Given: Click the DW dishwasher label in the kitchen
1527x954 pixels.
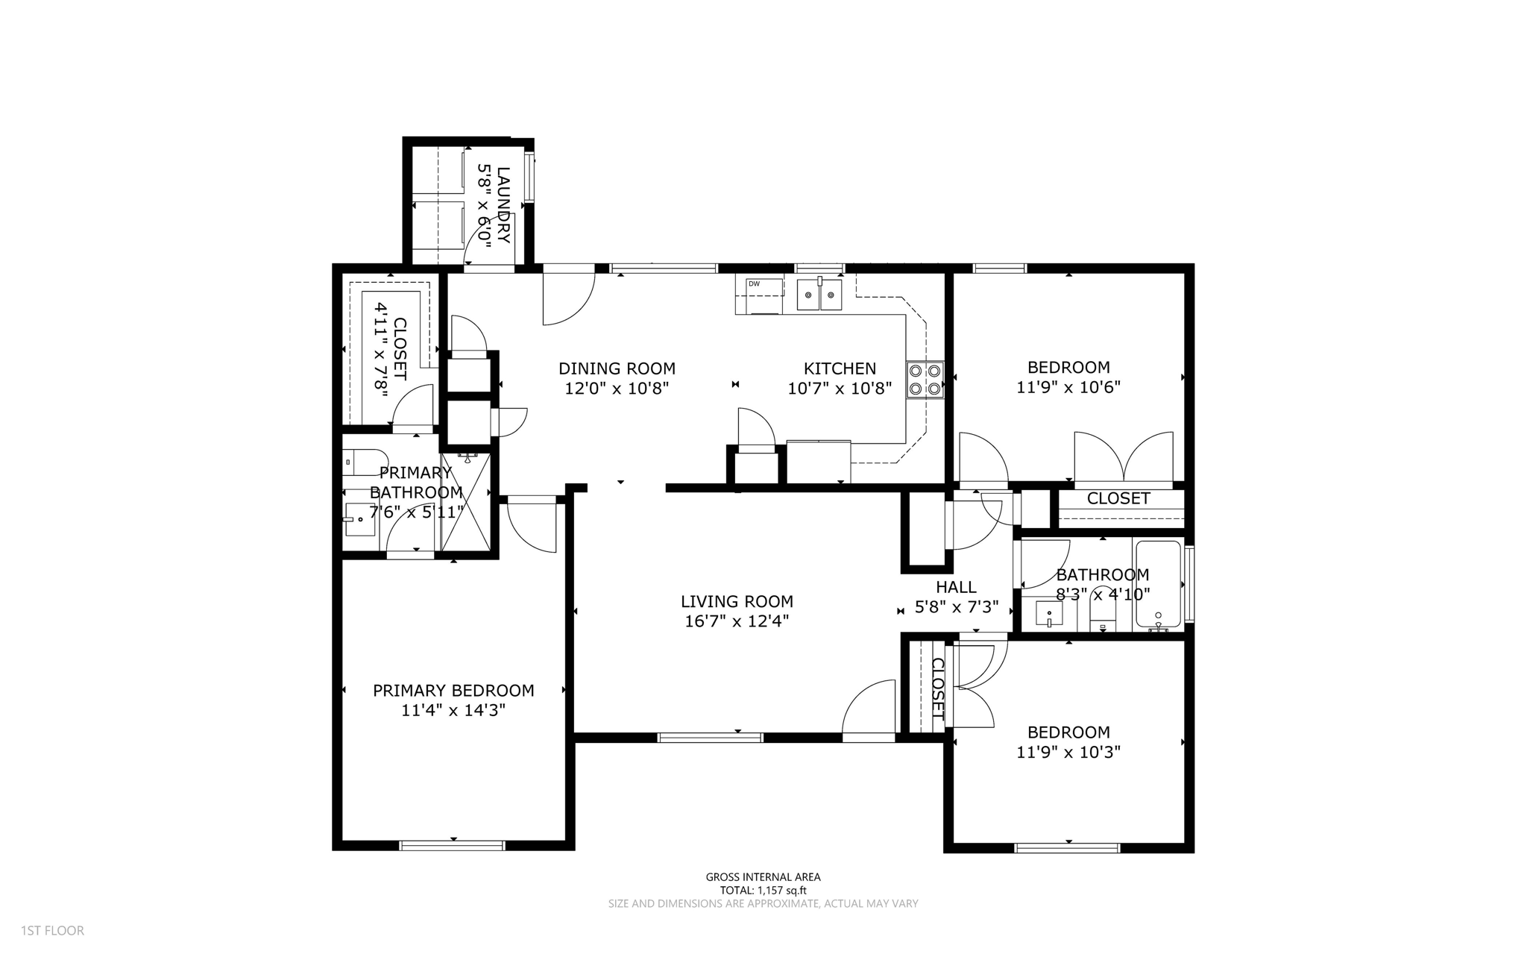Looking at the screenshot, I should pos(754,283).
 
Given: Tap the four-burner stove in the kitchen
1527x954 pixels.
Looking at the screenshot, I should pos(925,379).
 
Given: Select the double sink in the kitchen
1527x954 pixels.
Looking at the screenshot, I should pos(819,295).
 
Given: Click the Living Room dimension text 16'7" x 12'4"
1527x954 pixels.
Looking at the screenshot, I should pos(737,621).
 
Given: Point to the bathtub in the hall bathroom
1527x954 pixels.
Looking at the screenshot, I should pos(1157,585).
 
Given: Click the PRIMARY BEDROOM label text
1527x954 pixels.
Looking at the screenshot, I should pos(453,691).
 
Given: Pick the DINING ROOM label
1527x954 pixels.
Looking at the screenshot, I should pos(617,368).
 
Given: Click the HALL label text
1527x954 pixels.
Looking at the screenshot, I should pos(956,587).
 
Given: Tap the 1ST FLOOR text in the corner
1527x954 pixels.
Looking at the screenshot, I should pos(52,931).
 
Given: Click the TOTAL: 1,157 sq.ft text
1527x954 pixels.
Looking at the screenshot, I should pos(763,890).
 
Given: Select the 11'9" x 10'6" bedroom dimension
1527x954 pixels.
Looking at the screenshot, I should pos(1068,387).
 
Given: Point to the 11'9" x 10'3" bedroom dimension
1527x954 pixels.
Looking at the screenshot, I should pos(1068,752).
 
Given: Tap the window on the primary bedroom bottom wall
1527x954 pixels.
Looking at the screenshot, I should pos(452,845).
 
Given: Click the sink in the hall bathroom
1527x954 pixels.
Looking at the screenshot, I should pos(1049,615).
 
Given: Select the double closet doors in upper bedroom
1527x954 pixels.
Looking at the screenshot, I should pos(1124,457).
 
